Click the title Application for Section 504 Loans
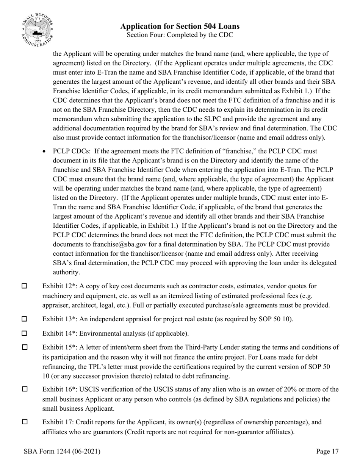coord(180,26)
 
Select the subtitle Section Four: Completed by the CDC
coord(180,35)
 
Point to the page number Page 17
coord(327,451)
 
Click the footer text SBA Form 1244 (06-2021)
coord(62,451)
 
